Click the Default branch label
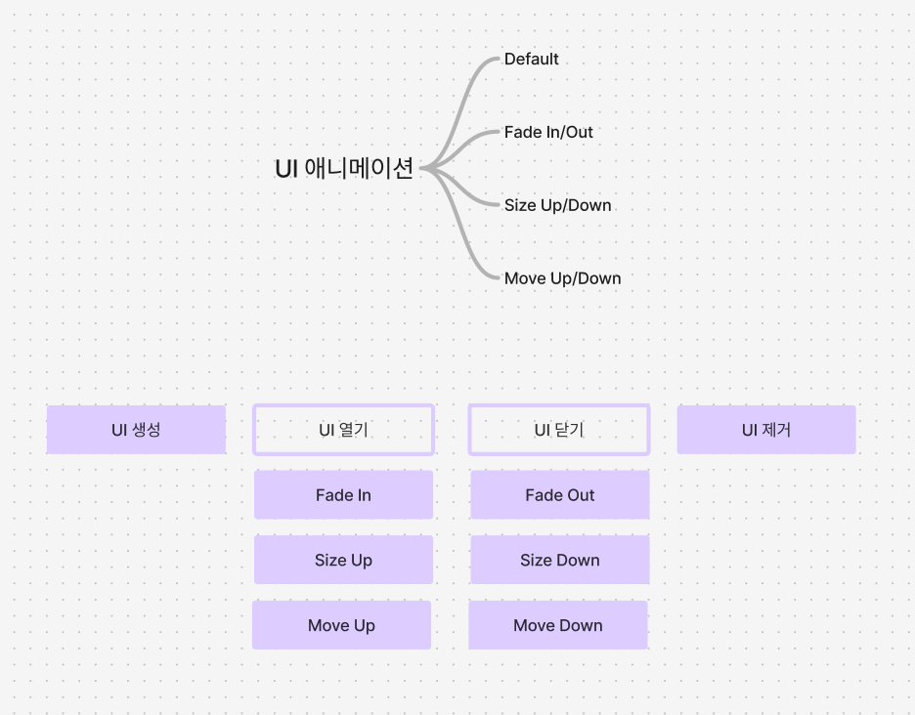coord(531,60)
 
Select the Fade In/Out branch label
coord(548,132)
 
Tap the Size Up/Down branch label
coord(557,205)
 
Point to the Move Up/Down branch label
coord(562,278)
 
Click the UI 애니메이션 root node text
coord(344,169)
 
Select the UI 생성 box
coord(136,430)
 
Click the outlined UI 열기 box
coord(343,430)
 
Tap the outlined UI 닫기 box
coord(559,430)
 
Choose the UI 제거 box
coord(766,430)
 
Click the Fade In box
coord(343,495)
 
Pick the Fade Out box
coord(559,495)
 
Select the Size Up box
coord(343,561)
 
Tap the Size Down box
coord(559,561)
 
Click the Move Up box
coord(341,626)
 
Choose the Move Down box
coord(557,626)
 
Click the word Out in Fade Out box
coord(581,495)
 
